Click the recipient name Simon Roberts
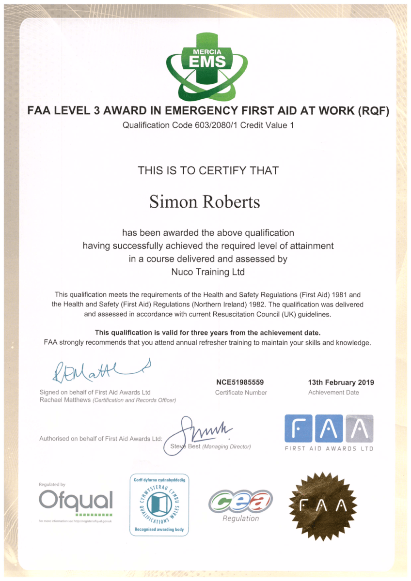[x=205, y=201]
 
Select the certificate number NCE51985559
[x=240, y=382]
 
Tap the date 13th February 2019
[x=341, y=382]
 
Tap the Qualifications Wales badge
[x=159, y=505]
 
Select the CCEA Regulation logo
[x=240, y=504]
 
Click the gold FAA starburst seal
[x=323, y=505]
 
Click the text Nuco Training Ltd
[x=208, y=272]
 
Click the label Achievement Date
[x=333, y=393]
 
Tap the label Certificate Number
[x=241, y=393]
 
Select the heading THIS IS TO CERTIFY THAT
[x=208, y=170]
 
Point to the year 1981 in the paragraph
[x=333, y=294]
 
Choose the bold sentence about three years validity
[x=207, y=332]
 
